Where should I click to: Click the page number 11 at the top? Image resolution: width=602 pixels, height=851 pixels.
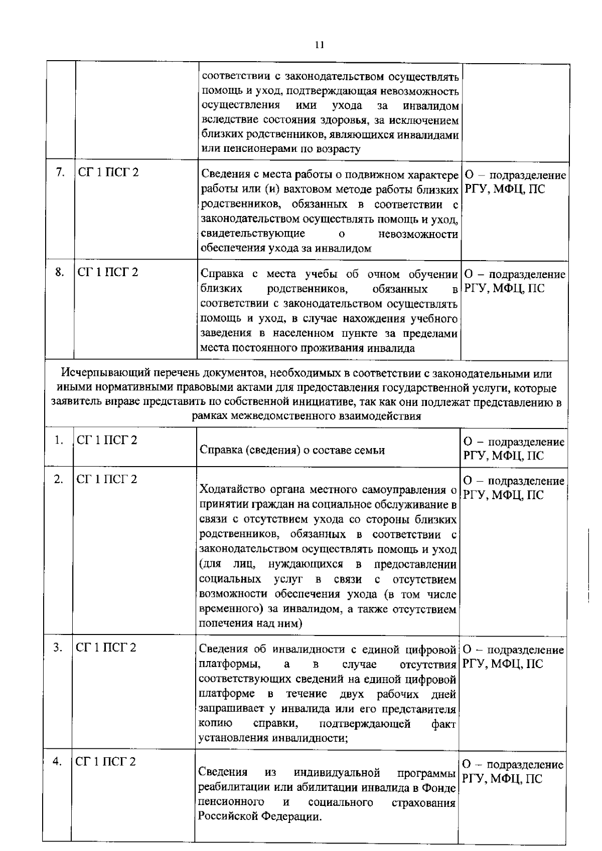tap(320, 45)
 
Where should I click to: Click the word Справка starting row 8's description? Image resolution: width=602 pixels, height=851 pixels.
tap(222, 274)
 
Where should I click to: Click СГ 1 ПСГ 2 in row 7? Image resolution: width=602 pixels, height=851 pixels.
tap(108, 172)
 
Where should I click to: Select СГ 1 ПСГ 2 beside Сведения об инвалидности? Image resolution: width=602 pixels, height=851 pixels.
tap(106, 648)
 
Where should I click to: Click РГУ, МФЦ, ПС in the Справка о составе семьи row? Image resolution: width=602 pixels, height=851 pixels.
tap(503, 456)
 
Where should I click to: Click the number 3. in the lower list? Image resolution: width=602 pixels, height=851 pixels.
tap(58, 648)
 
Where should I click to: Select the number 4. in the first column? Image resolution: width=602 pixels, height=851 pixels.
tap(58, 761)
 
